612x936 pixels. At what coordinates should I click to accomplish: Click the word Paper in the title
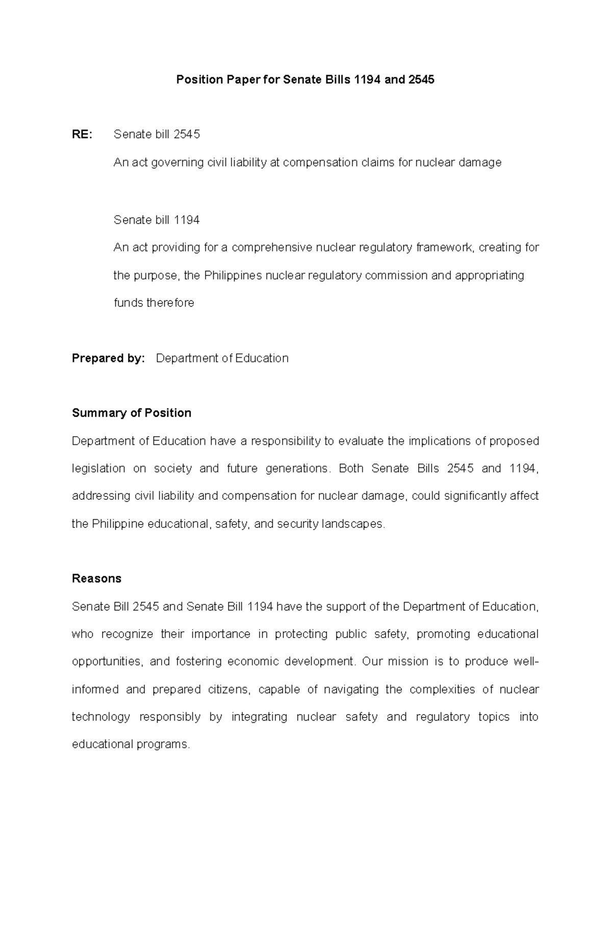pyautogui.click(x=242, y=80)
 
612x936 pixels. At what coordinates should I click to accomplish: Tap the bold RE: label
pyautogui.click(x=82, y=135)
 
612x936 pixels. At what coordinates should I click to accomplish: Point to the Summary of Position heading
pyautogui.click(x=132, y=413)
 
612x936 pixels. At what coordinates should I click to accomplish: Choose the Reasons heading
pyautogui.click(x=96, y=578)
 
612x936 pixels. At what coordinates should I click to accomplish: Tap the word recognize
pyautogui.click(x=127, y=635)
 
